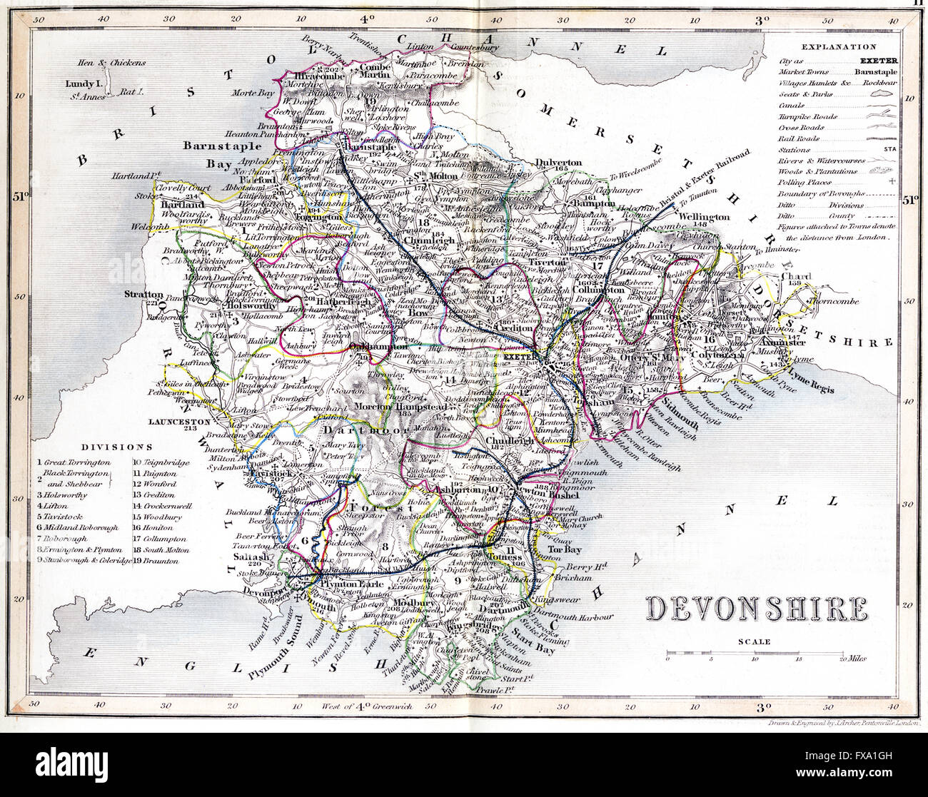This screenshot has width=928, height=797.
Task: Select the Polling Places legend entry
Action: pos(805,183)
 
